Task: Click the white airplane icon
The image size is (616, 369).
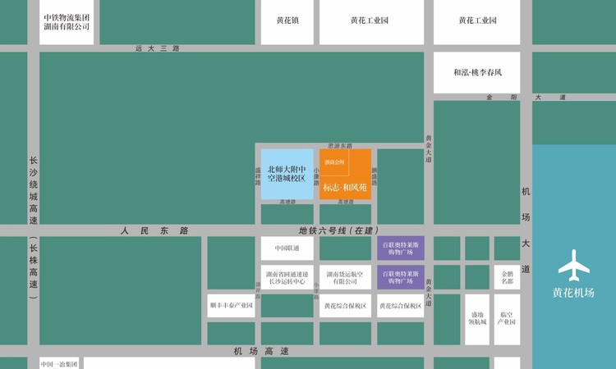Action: [573, 267]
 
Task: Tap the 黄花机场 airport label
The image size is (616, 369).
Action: [573, 293]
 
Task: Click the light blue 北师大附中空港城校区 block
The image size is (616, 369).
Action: [287, 174]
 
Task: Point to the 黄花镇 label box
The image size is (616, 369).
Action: [287, 20]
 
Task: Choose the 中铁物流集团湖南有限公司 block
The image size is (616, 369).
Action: [67, 22]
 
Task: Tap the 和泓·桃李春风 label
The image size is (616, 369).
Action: [477, 73]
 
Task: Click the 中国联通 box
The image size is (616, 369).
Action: [287, 248]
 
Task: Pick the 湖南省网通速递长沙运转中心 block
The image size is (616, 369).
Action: [287, 276]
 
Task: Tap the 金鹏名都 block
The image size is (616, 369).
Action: [507, 276]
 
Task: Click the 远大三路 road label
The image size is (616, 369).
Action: [156, 49]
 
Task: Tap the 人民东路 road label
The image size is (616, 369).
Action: [154, 231]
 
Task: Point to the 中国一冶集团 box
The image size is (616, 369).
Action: [59, 363]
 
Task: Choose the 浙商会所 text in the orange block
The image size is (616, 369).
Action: [334, 162]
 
